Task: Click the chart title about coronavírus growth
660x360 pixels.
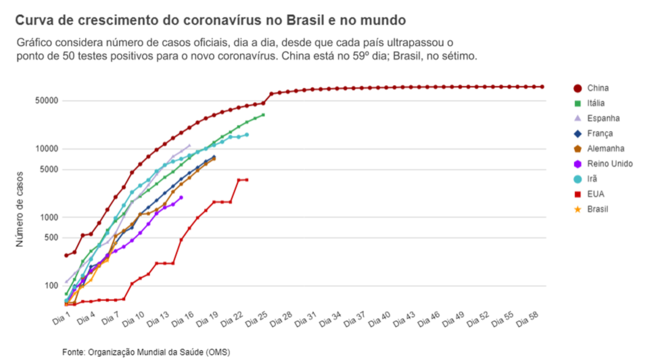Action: coord(210,20)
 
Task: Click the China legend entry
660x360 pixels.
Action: coord(591,88)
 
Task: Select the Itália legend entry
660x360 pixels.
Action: coord(589,103)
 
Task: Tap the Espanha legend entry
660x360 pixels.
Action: coord(597,118)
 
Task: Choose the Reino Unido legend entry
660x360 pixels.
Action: coord(603,164)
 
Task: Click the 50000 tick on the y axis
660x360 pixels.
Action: coord(46,101)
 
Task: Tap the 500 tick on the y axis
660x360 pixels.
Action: coord(51,238)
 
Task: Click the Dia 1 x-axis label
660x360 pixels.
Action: coord(61,319)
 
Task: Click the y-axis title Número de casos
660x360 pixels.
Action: coord(20,209)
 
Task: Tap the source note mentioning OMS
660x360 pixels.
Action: coord(146,352)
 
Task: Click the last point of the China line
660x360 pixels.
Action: coord(542,87)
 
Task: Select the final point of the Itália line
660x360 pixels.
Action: coord(263,115)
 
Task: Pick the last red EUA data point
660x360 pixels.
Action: coord(247,180)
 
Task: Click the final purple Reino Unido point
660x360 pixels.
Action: coord(181,197)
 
